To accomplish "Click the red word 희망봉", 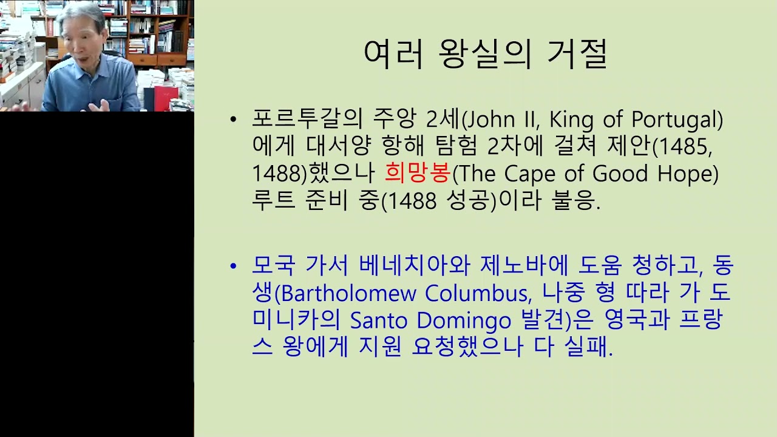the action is (418, 173).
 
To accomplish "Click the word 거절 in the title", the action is (577, 55).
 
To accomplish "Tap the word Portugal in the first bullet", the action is (674, 120).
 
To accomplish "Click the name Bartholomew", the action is (348, 293).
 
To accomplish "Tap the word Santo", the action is (379, 320).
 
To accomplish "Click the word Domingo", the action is (464, 321).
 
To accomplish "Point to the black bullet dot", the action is (233, 120).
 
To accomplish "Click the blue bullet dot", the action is (233, 266).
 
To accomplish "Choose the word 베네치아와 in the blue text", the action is (415, 265).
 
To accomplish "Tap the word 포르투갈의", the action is (307, 119).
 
